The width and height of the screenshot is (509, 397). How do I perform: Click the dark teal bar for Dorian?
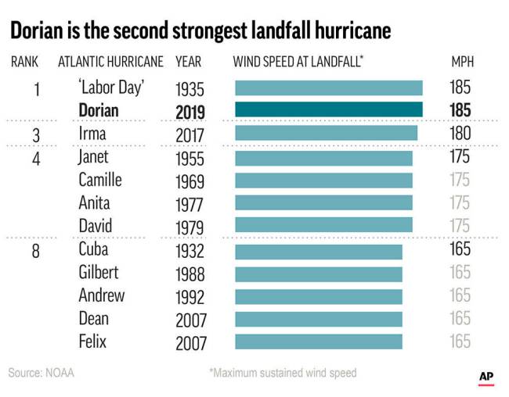click(329, 110)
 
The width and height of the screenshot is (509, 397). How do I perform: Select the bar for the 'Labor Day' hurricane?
click(329, 88)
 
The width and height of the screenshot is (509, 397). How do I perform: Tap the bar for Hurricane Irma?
click(327, 134)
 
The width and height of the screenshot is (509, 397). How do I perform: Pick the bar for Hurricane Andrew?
click(319, 297)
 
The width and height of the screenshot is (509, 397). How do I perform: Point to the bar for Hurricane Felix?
click(319, 342)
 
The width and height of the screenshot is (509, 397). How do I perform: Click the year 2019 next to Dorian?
click(190, 111)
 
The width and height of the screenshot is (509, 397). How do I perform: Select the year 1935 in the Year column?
click(190, 88)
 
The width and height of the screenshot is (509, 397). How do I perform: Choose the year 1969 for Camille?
click(190, 181)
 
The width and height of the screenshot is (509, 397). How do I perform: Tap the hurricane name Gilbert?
click(99, 273)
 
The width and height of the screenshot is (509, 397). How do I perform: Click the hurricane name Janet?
click(94, 157)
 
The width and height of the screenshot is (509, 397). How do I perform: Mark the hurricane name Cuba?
click(93, 250)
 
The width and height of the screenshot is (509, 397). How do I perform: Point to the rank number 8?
click(36, 251)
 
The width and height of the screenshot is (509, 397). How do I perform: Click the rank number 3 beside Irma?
click(36, 135)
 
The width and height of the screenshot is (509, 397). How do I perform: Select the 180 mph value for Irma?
click(460, 134)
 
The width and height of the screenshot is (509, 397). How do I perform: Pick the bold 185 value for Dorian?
click(460, 111)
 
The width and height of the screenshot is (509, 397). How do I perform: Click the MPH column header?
click(462, 62)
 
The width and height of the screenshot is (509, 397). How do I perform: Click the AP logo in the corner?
click(487, 377)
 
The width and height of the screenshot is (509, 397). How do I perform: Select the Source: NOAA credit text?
click(42, 373)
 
